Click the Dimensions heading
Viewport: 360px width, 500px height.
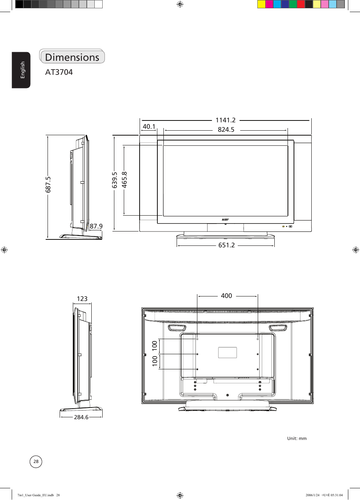tap(72, 57)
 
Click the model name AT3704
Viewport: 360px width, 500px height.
tap(59, 72)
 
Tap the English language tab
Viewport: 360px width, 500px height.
tap(22, 70)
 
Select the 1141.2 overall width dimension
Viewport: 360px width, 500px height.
tap(225, 120)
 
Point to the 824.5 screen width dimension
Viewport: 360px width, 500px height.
tap(226, 130)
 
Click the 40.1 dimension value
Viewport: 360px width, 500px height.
tap(149, 127)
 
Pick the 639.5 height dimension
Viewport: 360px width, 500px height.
tap(115, 180)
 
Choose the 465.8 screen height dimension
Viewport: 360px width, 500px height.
tap(125, 179)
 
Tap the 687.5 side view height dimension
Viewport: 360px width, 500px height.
tap(48, 184)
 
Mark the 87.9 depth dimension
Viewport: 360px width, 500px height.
tap(96, 226)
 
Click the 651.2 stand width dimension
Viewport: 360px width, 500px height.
tap(226, 245)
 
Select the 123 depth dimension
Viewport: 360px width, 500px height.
tap(82, 299)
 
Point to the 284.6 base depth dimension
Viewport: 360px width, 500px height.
tap(81, 417)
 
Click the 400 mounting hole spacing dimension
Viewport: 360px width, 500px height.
tap(226, 296)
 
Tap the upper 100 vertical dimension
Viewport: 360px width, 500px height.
tap(155, 345)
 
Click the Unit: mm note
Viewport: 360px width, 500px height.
tap(297, 438)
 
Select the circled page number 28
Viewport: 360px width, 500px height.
tap(36, 461)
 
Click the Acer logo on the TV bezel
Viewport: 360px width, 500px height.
tap(225, 219)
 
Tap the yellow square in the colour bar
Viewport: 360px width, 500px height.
tap(261, 4)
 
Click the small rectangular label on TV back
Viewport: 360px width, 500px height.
tap(227, 352)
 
